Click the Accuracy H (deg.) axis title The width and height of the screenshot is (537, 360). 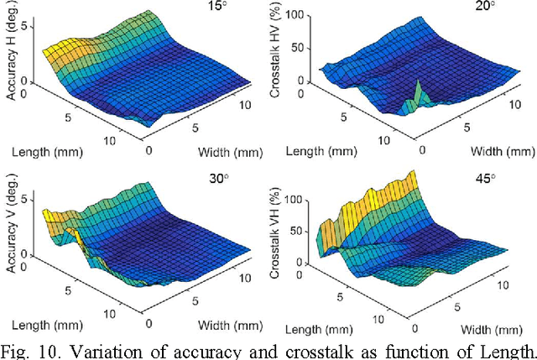(11, 55)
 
